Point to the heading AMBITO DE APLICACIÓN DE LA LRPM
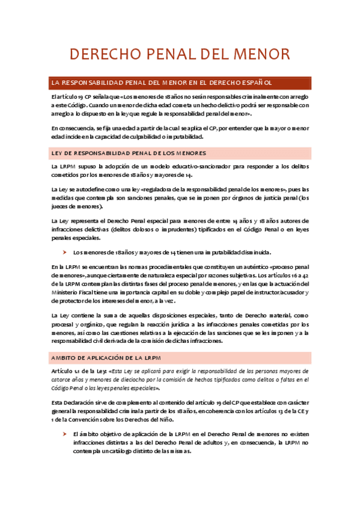coord(106,358)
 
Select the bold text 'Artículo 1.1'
coord(67,371)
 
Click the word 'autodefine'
coord(85,188)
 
